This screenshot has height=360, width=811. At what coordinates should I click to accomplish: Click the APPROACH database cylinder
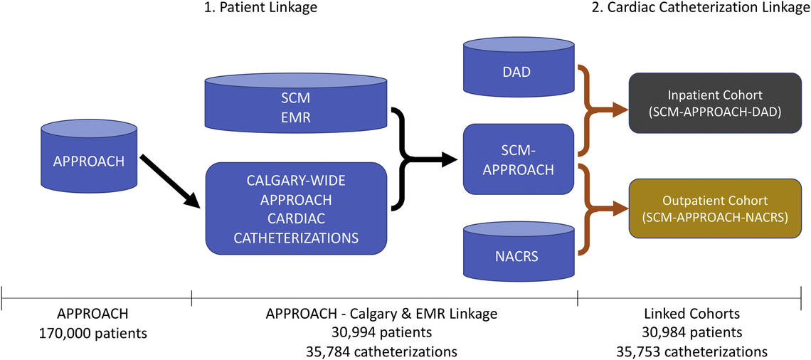point(89,161)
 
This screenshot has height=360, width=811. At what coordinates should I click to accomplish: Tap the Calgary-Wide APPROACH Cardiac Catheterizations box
point(296,208)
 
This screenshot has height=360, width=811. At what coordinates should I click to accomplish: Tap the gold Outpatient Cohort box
point(716,209)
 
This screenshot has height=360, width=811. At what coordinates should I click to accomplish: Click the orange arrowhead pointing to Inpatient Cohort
point(619,109)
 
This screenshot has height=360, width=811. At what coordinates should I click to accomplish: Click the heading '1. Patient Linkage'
point(260,8)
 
